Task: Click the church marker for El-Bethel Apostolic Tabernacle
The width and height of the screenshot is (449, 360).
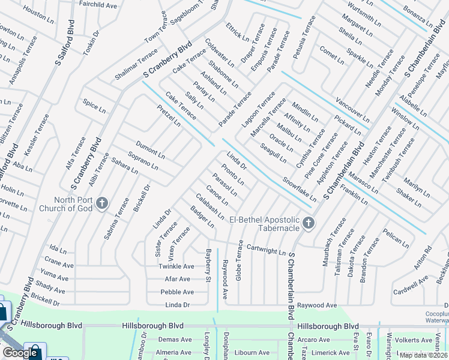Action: pyautogui.click(x=309, y=224)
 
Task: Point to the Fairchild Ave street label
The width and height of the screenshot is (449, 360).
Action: pyautogui.click(x=98, y=5)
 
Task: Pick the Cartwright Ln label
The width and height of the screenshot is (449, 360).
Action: pyautogui.click(x=266, y=249)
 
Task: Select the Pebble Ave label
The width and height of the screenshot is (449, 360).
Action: pyautogui.click(x=176, y=292)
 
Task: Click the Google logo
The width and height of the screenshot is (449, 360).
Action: pyautogui.click(x=20, y=353)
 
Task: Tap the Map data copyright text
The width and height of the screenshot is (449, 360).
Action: pyautogui.click(x=423, y=355)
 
